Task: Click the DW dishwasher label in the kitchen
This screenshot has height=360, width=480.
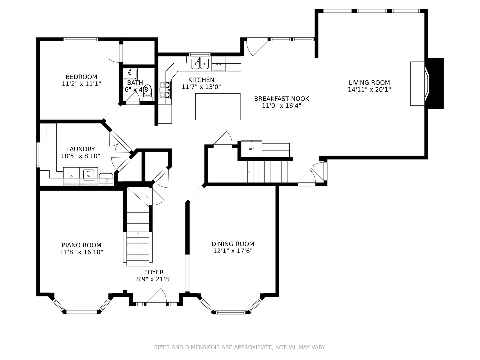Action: pyautogui.click(x=219, y=64)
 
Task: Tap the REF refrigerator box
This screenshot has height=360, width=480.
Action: pyautogui.click(x=251, y=149)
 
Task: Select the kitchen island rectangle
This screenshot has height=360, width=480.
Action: pyautogui.click(x=218, y=106)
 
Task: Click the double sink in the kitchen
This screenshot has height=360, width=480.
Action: pyautogui.click(x=200, y=64)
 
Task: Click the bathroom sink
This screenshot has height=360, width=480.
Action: pyautogui.click(x=130, y=74)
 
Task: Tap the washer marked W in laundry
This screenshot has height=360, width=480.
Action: pyautogui.click(x=89, y=175)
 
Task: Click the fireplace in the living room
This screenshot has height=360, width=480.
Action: pyautogui.click(x=427, y=84)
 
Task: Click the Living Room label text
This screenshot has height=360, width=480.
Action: pyautogui.click(x=369, y=83)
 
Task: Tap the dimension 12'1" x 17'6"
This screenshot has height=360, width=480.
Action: pyautogui.click(x=233, y=251)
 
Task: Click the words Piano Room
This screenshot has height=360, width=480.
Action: pyautogui.click(x=81, y=245)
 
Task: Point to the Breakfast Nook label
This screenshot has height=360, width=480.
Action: pyautogui.click(x=281, y=99)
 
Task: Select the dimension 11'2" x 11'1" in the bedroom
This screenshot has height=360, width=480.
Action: pyautogui.click(x=81, y=84)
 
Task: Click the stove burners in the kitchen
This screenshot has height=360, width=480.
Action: pyautogui.click(x=165, y=90)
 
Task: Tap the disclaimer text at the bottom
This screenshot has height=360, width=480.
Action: pyautogui.click(x=240, y=347)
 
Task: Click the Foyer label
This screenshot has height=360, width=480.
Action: pyautogui.click(x=154, y=272)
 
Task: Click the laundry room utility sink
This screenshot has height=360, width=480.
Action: pyautogui.click(x=106, y=179)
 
